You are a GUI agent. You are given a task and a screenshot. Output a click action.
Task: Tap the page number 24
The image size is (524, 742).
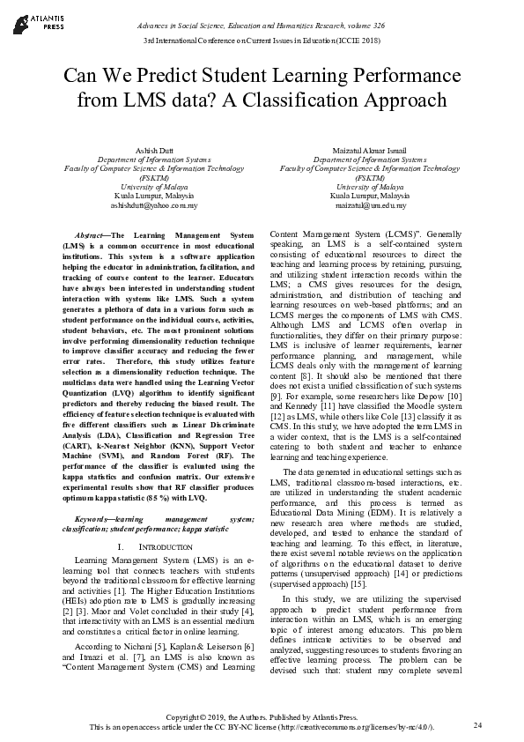(x=477, y=725)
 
